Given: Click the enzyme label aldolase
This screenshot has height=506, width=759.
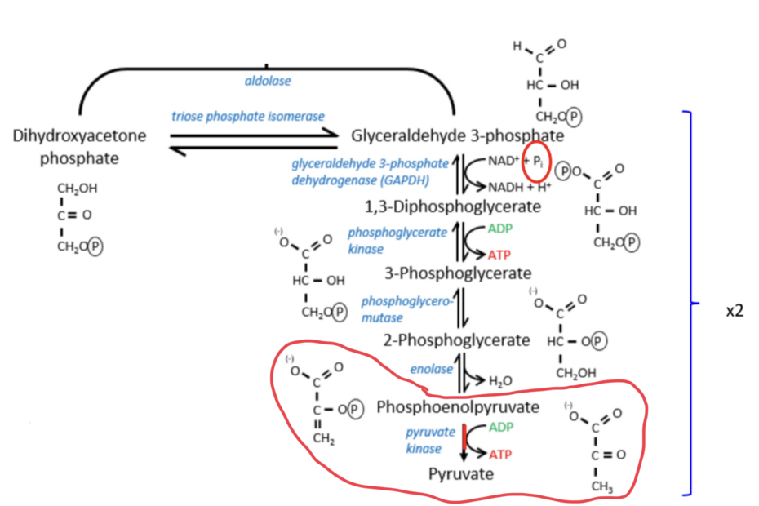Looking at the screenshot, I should pos(268,81).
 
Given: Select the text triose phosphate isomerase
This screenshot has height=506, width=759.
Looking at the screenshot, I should pos(248,116).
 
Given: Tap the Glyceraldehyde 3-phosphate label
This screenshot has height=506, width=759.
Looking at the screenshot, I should pos(457,135).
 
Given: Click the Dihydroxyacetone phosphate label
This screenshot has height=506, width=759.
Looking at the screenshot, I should pos(79,146).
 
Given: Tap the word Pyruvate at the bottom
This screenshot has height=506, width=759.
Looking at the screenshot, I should pos(462,473).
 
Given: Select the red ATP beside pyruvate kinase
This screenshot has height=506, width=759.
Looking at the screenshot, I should pos(499,454).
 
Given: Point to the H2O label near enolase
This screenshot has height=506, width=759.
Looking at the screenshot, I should pos(500,380).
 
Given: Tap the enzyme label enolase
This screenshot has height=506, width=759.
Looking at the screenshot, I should pos(432,370).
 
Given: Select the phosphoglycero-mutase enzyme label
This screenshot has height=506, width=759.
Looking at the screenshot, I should pos(395,308).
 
